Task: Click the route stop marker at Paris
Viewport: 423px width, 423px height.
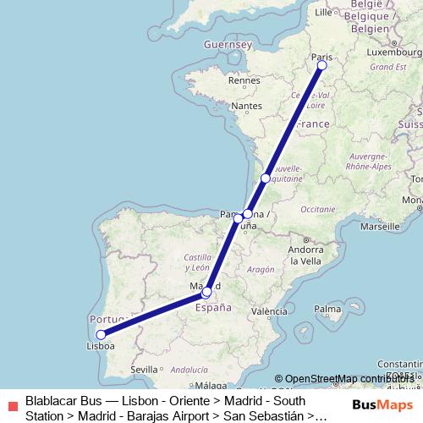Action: [x=321, y=64]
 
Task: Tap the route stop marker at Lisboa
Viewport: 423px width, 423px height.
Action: [x=101, y=334]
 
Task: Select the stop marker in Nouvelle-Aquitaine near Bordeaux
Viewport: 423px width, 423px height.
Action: [x=266, y=179]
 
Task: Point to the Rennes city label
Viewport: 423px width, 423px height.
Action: [x=243, y=81]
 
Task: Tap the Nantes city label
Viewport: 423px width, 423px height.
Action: [x=247, y=106]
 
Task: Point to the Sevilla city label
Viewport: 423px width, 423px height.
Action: [x=145, y=369]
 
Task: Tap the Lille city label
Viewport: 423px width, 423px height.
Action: [x=323, y=13]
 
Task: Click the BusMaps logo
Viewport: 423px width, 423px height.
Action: [x=381, y=404]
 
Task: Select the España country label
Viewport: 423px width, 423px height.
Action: [x=213, y=309]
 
